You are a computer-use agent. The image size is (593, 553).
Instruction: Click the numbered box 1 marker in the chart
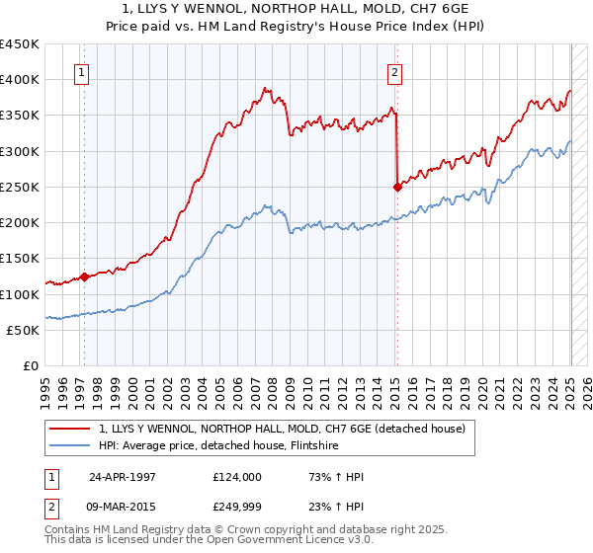[80, 71]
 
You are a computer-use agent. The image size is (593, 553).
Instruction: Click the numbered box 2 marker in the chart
[394, 71]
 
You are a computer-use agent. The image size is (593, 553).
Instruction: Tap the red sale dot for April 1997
[84, 276]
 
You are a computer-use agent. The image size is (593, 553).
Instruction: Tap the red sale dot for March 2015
[397, 186]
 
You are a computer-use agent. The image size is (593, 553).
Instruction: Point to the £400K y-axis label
[20, 80]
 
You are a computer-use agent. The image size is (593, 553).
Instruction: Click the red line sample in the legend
[71, 428]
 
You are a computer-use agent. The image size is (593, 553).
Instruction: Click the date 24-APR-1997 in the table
[123, 476]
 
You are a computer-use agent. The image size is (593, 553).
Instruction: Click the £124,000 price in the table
[237, 476]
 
